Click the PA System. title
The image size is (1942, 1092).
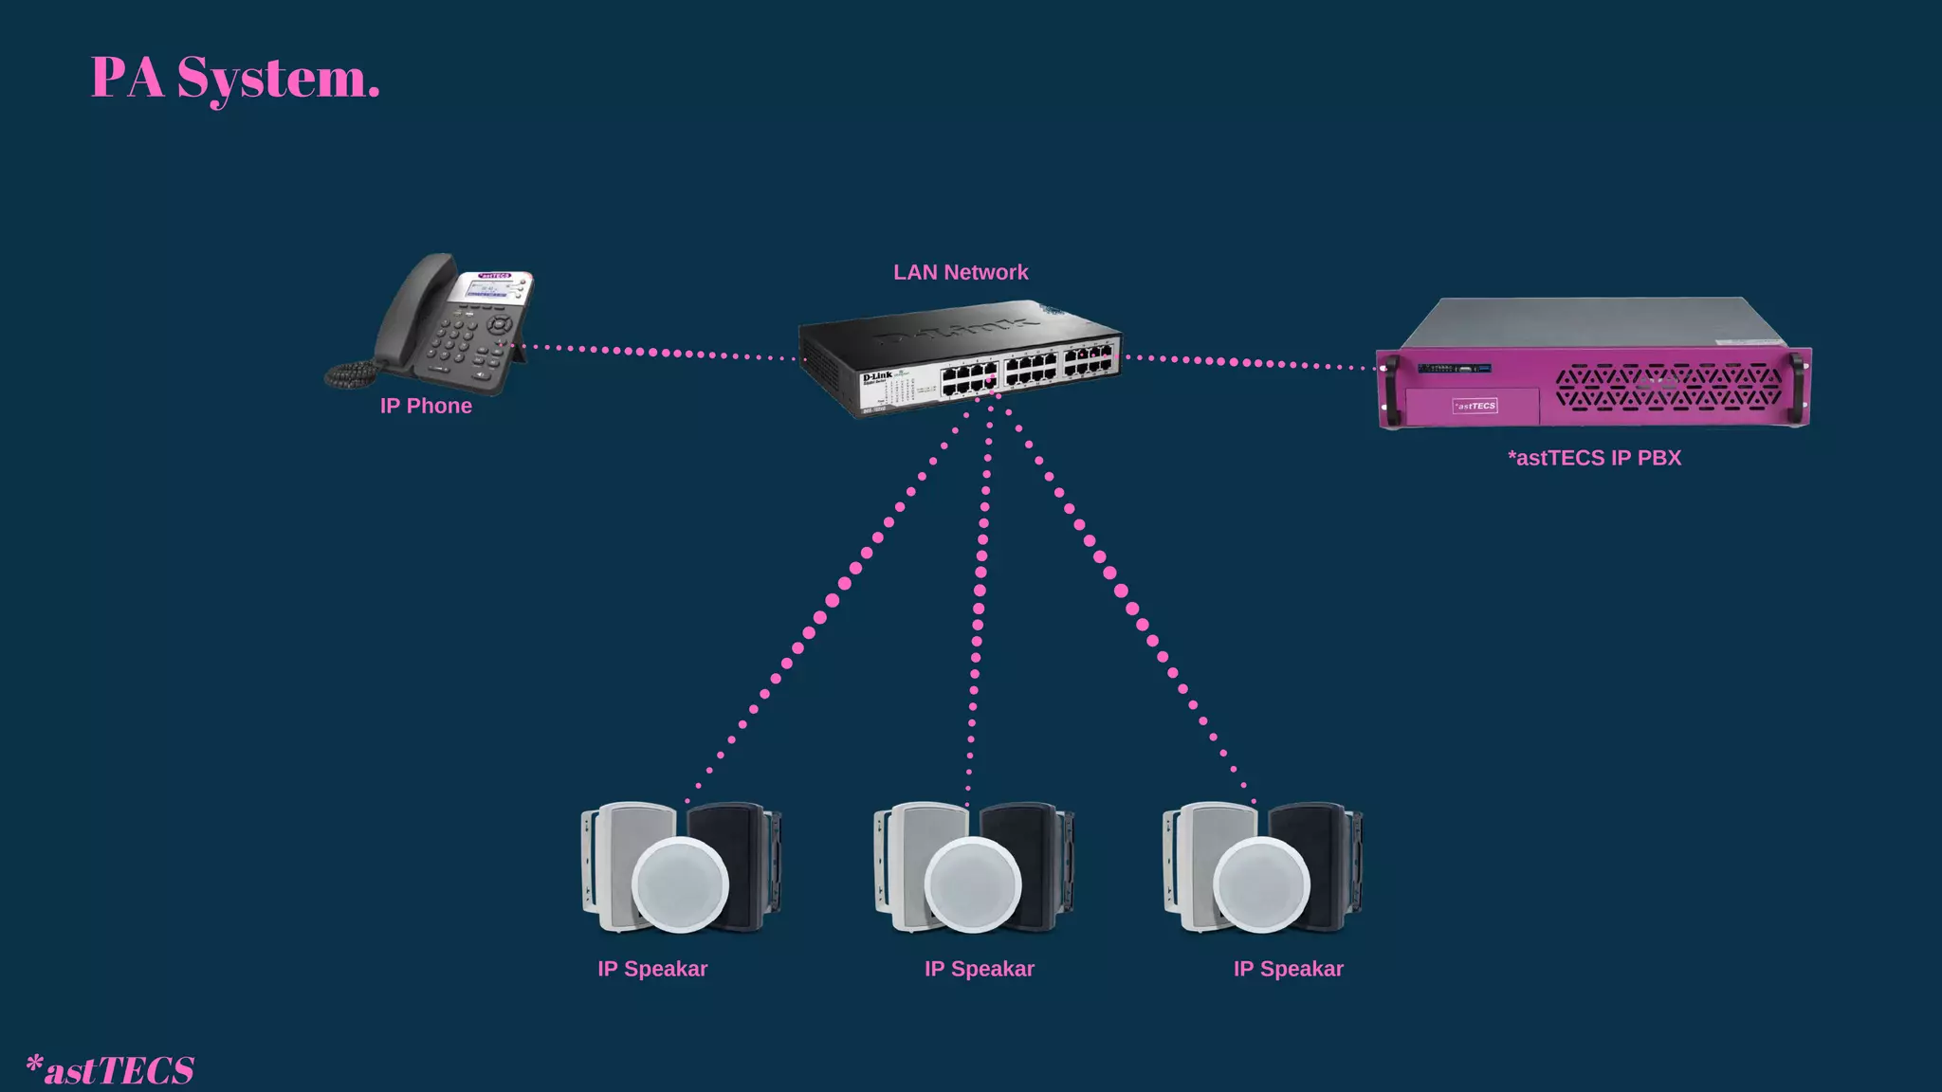coord(235,79)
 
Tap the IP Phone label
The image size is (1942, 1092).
coord(426,406)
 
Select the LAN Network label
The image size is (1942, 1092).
coord(960,272)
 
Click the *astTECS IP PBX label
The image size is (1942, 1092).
coord(1594,458)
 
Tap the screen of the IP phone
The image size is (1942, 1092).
coord(490,288)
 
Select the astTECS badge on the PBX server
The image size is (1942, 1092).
coord(1475,406)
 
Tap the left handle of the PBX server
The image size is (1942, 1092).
coord(1391,389)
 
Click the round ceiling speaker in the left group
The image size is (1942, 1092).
coord(680,884)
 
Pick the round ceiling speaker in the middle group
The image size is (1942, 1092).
coord(972,884)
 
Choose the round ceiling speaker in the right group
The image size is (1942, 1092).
coord(1261,884)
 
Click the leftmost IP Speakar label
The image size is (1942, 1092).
coord(652,969)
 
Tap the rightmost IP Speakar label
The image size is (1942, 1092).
coord(1288,969)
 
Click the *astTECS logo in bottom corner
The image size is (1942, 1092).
coord(110,1069)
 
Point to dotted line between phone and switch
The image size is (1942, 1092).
coord(654,353)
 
